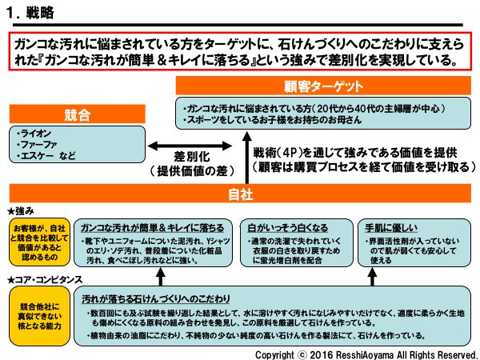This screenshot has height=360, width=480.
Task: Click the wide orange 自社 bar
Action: pyautogui.click(x=240, y=194)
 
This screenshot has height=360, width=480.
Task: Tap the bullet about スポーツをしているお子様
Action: pyautogui.click(x=272, y=120)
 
